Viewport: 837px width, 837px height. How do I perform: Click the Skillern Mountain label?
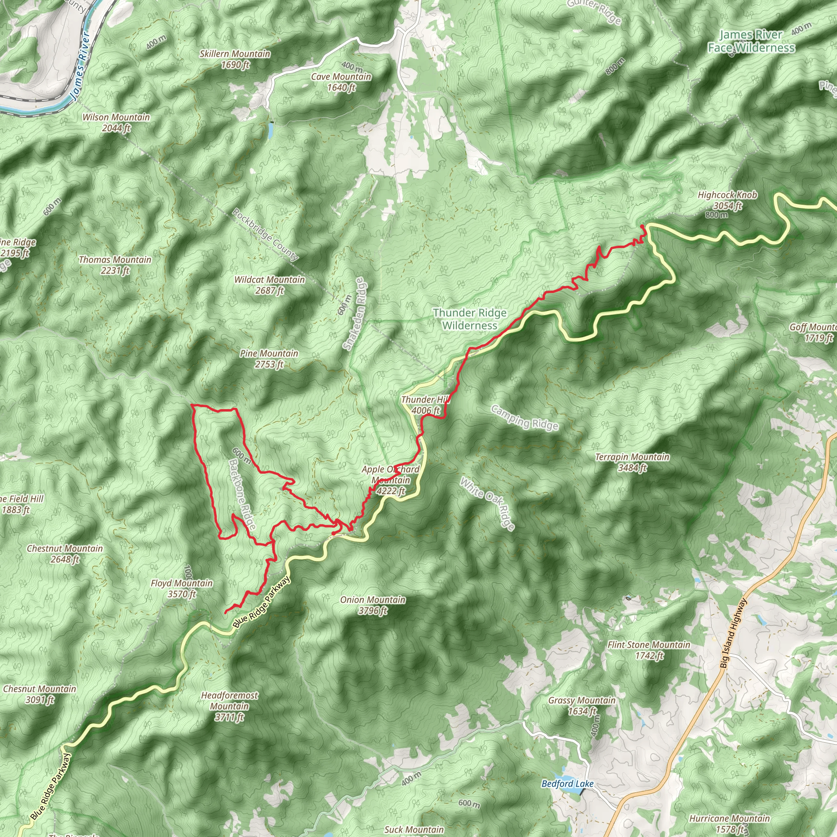point(235,59)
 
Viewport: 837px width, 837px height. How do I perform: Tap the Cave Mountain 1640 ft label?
point(341,82)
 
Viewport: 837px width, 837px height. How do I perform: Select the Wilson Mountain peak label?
point(116,123)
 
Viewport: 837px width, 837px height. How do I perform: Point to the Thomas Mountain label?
point(115,265)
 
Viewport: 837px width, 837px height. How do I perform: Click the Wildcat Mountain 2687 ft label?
point(269,285)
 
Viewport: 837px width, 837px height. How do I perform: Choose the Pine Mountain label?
point(269,359)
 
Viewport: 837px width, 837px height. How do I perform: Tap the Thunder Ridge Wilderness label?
point(470,319)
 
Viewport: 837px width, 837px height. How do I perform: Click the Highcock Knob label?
point(727,200)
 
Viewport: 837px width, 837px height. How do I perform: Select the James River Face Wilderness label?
point(751,41)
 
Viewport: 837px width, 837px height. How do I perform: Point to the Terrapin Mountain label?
point(632,462)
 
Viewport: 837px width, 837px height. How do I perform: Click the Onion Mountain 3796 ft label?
point(373,605)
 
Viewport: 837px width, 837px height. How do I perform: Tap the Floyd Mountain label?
point(182,589)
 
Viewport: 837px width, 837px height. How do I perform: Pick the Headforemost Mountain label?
point(229,706)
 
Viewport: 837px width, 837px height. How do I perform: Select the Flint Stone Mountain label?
point(649,650)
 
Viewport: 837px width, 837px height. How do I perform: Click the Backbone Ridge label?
point(242,494)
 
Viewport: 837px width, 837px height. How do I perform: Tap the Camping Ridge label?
point(524,418)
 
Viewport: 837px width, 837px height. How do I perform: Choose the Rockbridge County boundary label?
point(266,234)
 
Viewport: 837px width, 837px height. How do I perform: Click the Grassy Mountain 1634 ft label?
point(582,705)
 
